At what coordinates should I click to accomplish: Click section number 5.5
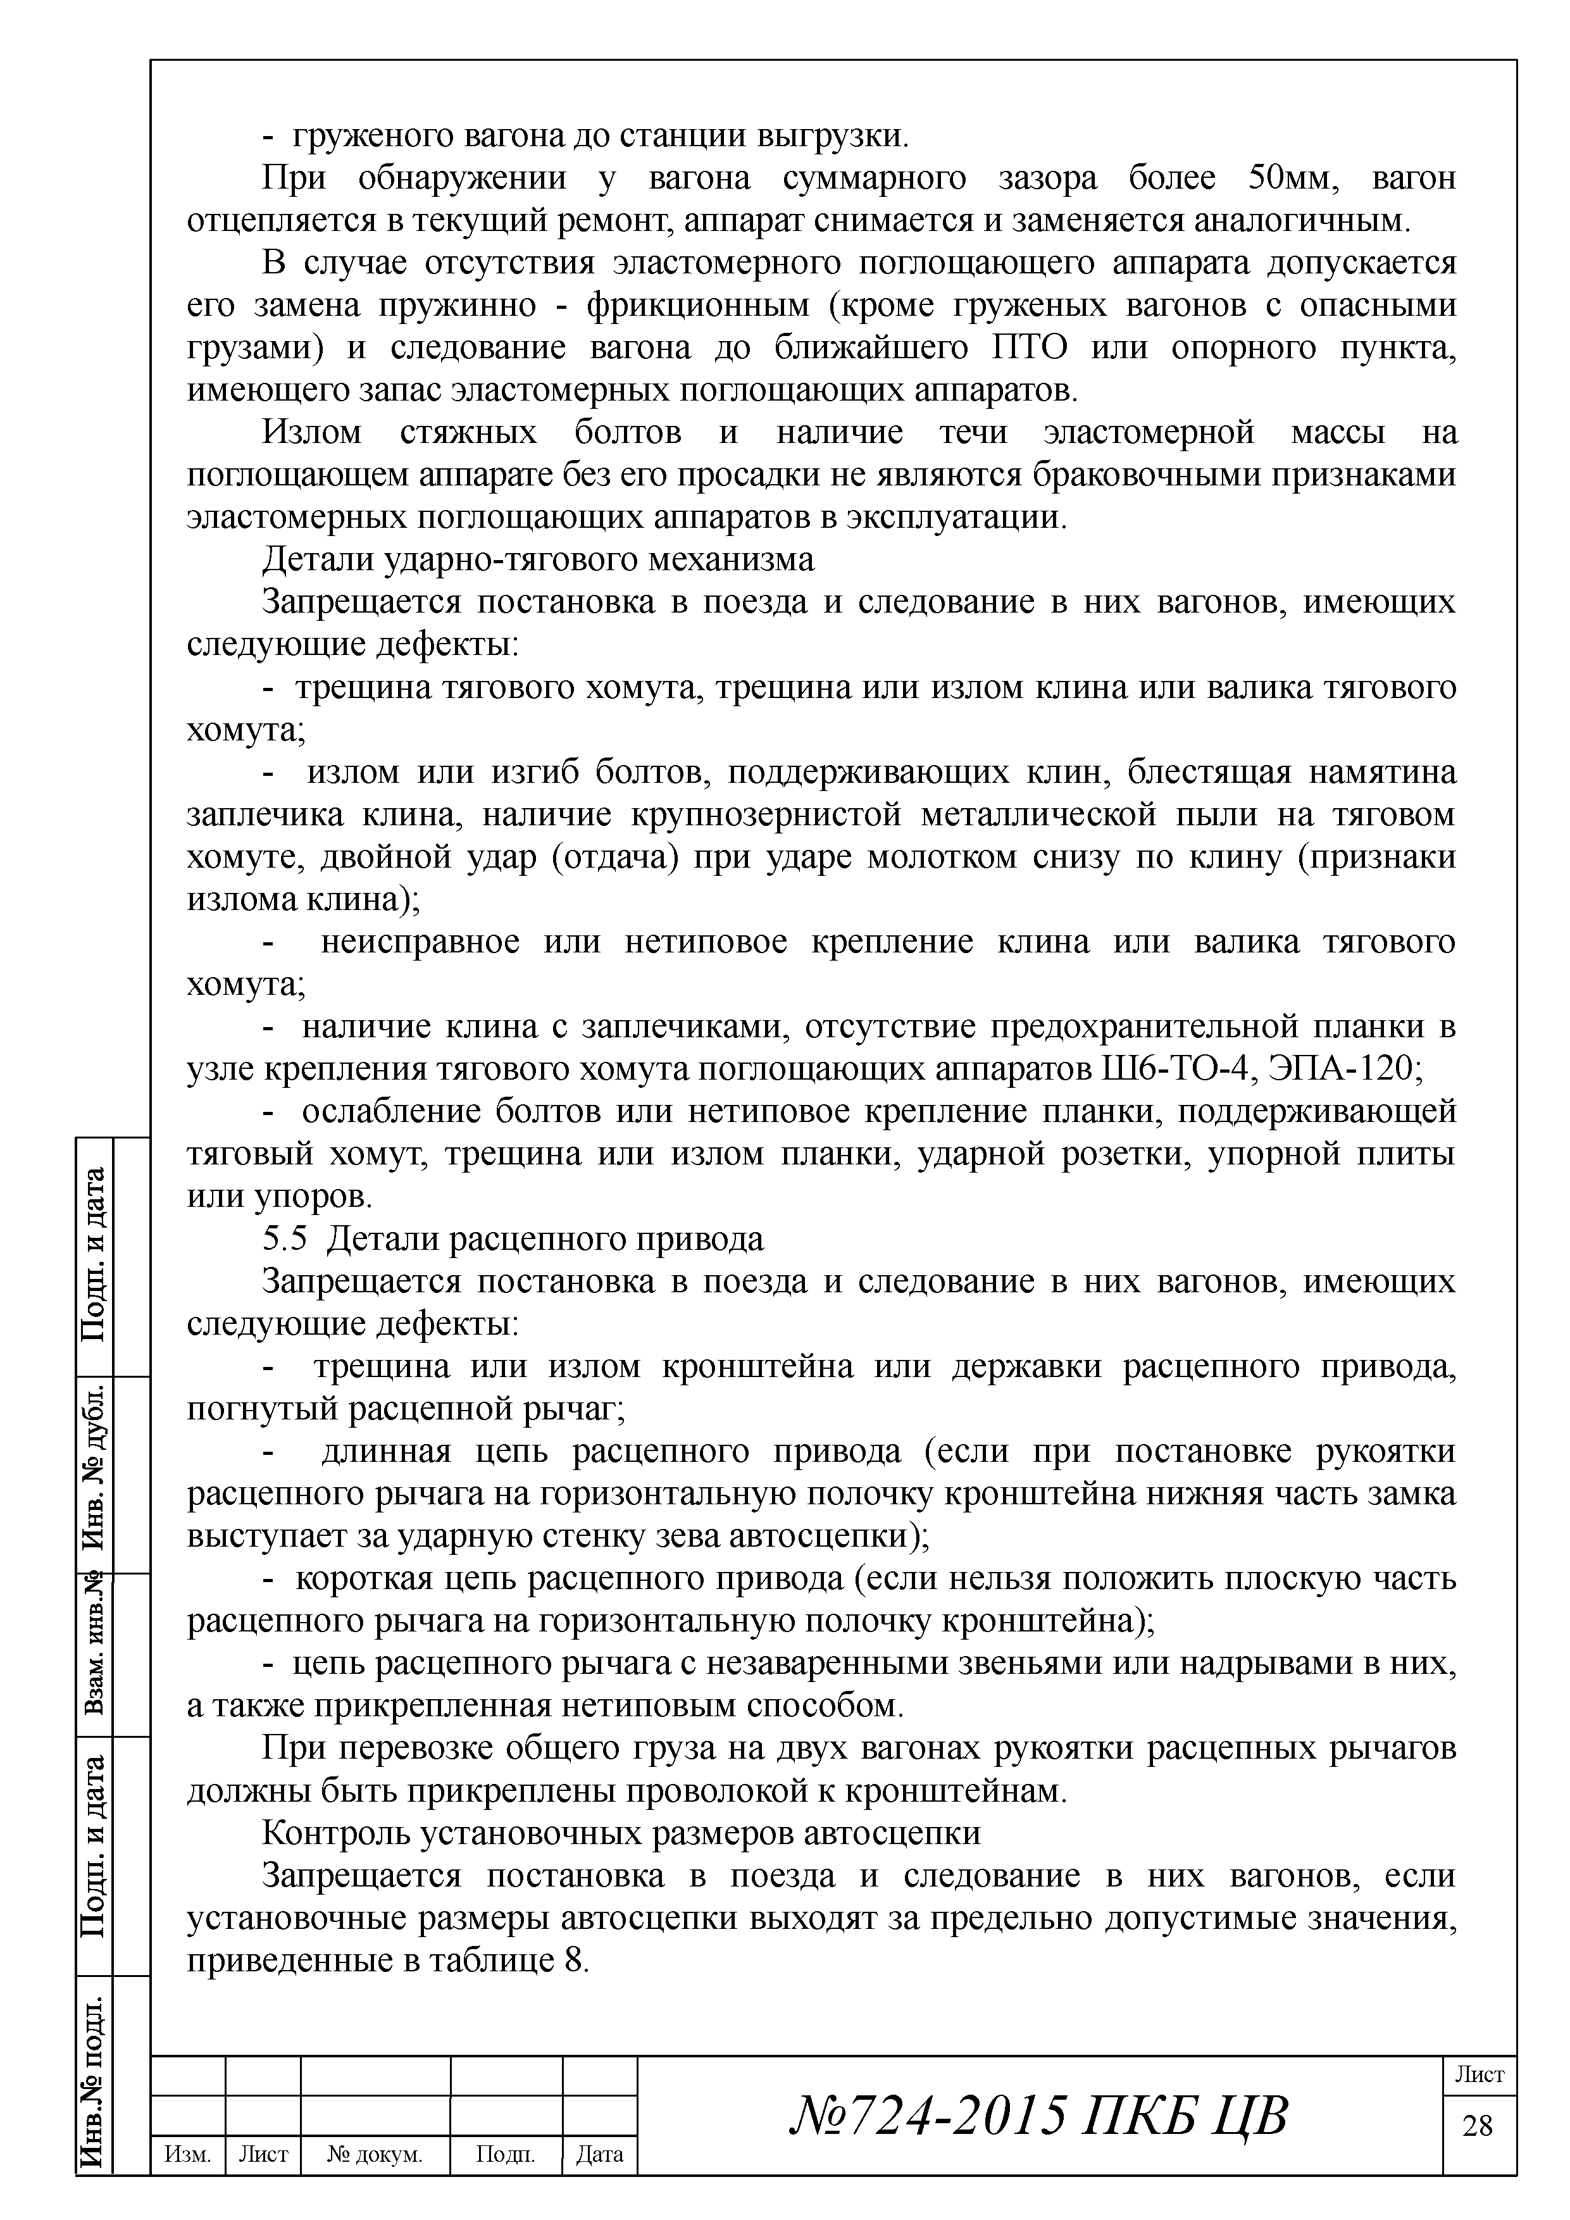[283, 1240]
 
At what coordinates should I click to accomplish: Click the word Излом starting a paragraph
[311, 432]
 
